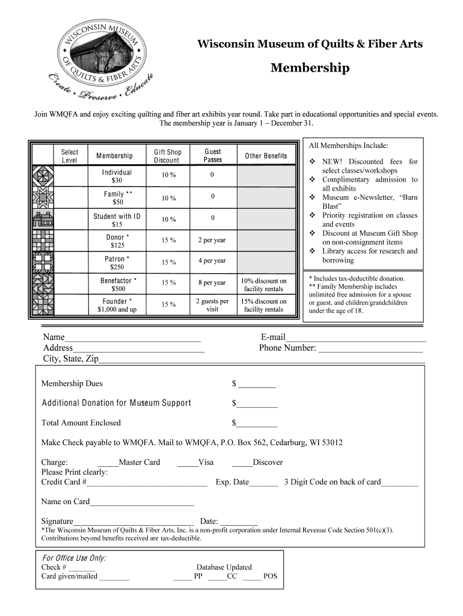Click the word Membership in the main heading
[310, 68]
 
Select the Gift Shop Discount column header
[167, 156]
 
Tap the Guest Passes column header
[213, 156]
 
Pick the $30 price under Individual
[117, 180]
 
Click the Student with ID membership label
[117, 217]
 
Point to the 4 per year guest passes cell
[212, 261]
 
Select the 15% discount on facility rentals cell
[264, 306]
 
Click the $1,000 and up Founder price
[117, 310]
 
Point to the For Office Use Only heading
[74, 558]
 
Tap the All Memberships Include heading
[348, 146]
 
